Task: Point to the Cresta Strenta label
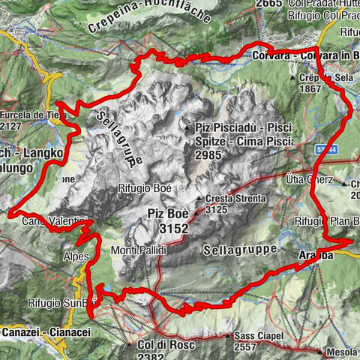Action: pyautogui.click(x=235, y=198)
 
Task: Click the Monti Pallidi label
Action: pyautogui.click(x=138, y=250)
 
